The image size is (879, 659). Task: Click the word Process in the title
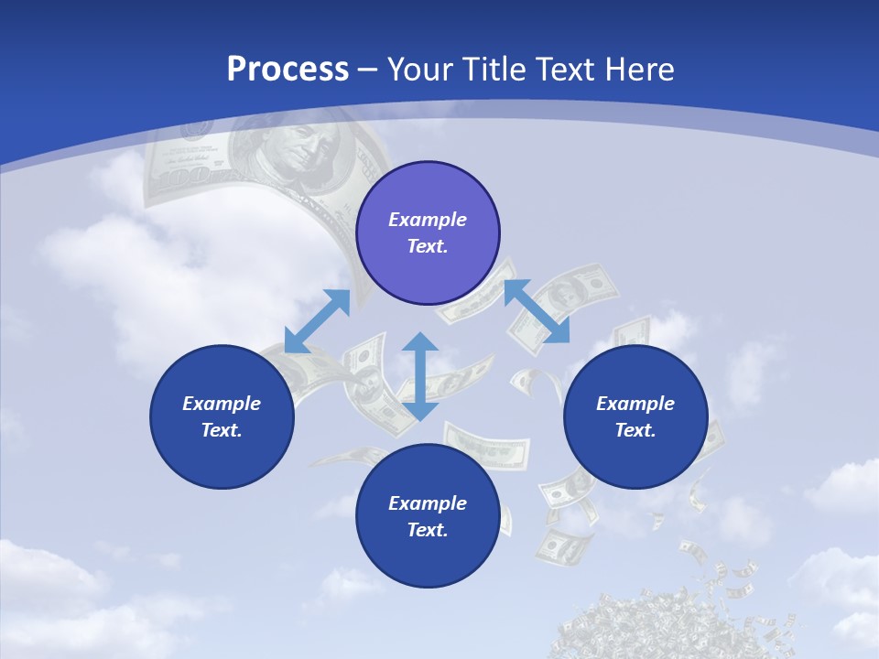pos(288,70)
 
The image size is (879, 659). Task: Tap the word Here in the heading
pos(635,70)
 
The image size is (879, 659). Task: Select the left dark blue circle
pos(222,416)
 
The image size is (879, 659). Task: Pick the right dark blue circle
pos(635,416)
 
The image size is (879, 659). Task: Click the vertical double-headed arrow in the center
pos(420,376)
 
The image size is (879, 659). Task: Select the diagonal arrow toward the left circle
pos(318,320)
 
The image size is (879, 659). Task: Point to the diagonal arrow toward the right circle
pos(537,311)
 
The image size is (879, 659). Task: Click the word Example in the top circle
pos(428,220)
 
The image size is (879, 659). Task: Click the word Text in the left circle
pos(221,430)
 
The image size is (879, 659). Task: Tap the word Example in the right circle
pos(635,404)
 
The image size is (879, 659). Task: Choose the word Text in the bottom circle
pos(427,530)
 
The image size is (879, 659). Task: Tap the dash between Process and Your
pos(368,70)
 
